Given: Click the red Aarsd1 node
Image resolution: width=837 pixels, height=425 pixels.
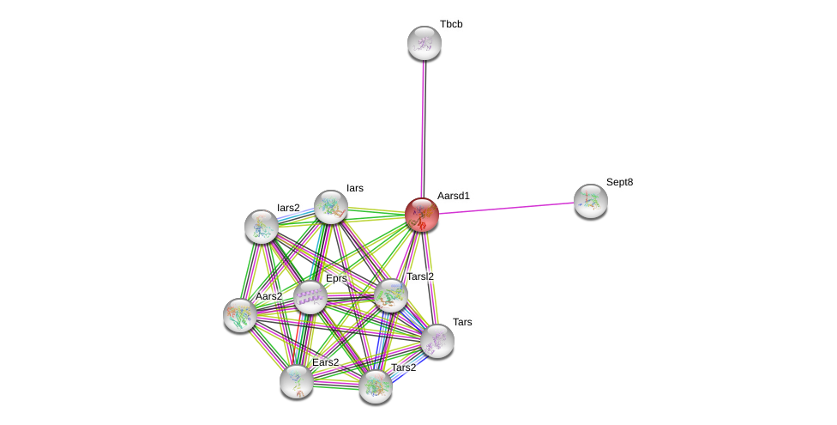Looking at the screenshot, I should [x=421, y=215].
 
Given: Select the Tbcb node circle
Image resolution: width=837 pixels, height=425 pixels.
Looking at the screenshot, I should [x=424, y=43].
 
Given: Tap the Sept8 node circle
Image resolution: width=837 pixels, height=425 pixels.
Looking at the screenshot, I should [x=590, y=201].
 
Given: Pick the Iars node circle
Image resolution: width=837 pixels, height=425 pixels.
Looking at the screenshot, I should [x=330, y=207].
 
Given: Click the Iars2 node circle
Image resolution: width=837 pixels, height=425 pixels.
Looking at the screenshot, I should [x=261, y=226].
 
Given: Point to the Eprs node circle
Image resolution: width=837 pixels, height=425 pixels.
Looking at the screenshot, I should [x=310, y=297].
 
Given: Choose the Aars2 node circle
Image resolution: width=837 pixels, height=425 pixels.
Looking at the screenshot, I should [x=240, y=314].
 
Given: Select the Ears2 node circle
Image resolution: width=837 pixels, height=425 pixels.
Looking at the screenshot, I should [x=296, y=381].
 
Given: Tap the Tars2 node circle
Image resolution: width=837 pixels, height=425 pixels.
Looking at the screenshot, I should [x=375, y=386].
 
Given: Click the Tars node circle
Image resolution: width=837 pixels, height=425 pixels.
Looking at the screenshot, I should [x=437, y=340].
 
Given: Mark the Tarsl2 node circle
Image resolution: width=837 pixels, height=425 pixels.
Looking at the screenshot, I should [x=391, y=295].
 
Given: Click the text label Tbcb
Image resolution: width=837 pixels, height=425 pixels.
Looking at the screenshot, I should [x=451, y=24].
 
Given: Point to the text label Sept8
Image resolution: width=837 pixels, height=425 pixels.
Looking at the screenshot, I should [x=619, y=182].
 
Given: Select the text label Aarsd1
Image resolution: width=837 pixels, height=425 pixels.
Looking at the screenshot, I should [x=454, y=196].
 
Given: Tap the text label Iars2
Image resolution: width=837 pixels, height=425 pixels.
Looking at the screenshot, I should [x=288, y=208].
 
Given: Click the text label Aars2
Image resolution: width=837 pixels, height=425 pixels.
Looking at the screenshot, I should [x=268, y=296].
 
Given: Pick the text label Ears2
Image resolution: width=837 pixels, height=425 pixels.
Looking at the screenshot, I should [x=325, y=362].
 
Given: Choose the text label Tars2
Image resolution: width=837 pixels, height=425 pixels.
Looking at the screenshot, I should [x=403, y=367].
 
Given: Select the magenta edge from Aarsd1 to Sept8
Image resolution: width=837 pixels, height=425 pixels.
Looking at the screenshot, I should [x=506, y=208].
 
